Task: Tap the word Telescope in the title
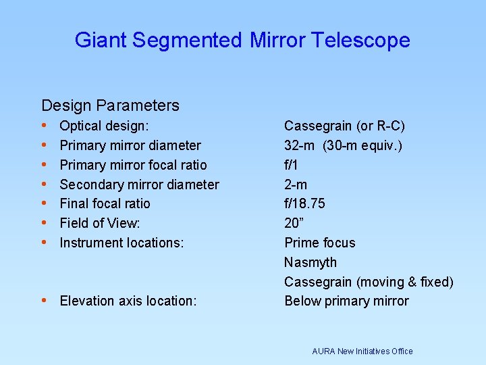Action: [362, 41]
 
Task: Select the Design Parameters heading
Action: [110, 105]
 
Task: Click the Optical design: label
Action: [105, 126]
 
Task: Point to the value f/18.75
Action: [304, 203]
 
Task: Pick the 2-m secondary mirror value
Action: [295, 185]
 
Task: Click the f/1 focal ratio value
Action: [292, 165]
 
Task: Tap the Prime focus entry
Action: [319, 243]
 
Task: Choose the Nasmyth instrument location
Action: [310, 262]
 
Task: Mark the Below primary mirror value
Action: [346, 301]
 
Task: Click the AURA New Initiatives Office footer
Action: [362, 351]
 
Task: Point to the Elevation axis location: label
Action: [128, 301]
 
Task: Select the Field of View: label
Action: [100, 223]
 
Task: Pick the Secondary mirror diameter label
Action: [139, 185]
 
